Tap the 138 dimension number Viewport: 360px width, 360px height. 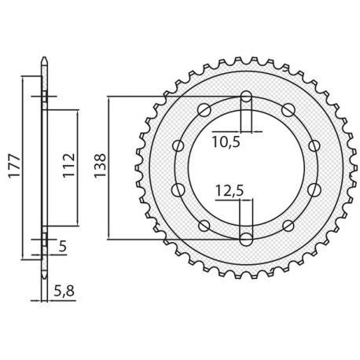100,167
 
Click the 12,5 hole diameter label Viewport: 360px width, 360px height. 229,189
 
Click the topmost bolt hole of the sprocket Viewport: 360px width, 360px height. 247,97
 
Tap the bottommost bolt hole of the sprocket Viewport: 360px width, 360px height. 247,237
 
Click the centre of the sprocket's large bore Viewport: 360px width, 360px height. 247,167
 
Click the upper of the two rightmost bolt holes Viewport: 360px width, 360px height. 314,145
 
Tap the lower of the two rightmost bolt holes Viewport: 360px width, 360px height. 314,189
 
